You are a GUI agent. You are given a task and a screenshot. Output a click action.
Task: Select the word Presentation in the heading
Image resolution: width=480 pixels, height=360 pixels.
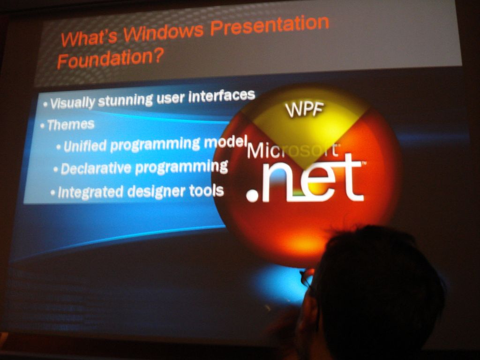pos(270,24)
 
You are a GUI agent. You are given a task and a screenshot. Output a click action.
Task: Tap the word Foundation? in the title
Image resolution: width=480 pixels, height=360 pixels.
pos(110,58)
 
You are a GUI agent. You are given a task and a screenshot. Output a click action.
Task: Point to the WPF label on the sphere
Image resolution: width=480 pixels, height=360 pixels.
pos(304,110)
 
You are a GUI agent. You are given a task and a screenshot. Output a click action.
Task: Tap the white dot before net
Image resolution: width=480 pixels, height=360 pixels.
pos(253,195)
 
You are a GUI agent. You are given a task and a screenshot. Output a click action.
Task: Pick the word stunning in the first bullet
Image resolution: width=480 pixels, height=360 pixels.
pos(125,100)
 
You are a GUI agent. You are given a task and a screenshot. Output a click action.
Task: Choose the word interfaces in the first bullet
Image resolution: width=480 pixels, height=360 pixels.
pos(221,96)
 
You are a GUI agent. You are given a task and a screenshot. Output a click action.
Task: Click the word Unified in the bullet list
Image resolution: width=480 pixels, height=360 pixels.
pos(85,146)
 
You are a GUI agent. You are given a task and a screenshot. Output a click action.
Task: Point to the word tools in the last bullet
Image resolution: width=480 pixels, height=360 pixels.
pos(206,190)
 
